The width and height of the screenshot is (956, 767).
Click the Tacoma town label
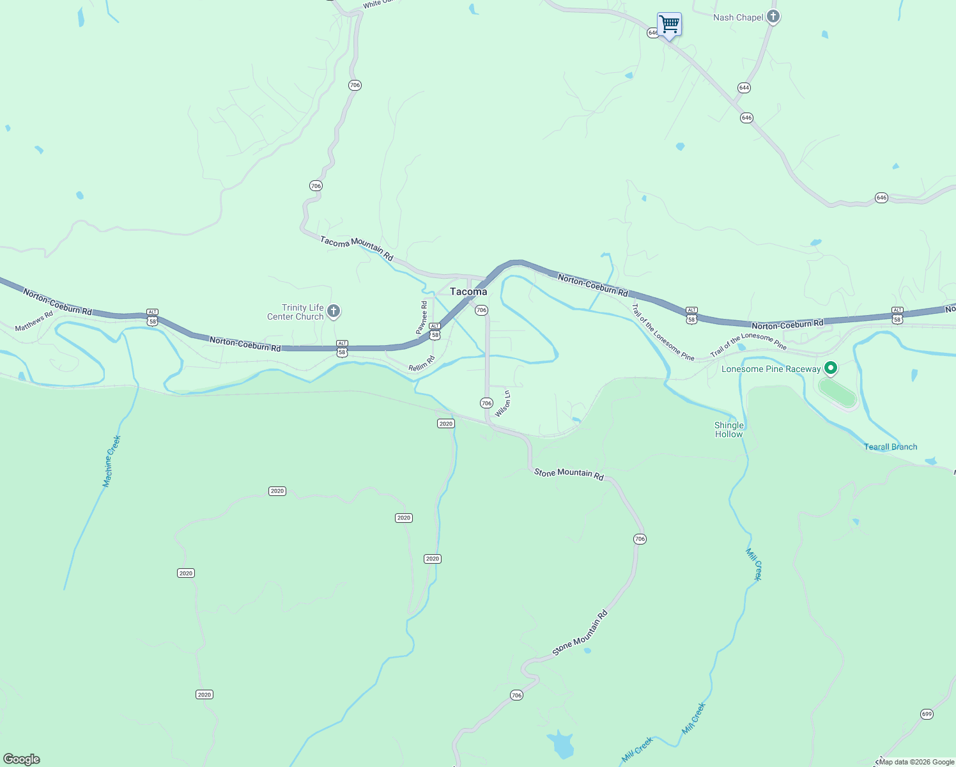pyautogui.click(x=468, y=291)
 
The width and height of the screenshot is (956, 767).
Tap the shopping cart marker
pyautogui.click(x=669, y=25)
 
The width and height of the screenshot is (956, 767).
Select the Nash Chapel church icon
pyautogui.click(x=773, y=17)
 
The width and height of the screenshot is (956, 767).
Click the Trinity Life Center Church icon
pyautogui.click(x=333, y=311)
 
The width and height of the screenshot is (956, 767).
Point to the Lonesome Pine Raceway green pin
pyautogui.click(x=830, y=368)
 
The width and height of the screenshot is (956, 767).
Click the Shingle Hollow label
pyautogui.click(x=729, y=430)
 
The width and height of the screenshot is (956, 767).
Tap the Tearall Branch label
pyautogui.click(x=890, y=447)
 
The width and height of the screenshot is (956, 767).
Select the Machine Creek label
pyautogui.click(x=112, y=461)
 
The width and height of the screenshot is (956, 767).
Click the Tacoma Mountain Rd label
pyautogui.click(x=357, y=249)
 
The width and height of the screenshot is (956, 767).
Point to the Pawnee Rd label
pyautogui.click(x=422, y=318)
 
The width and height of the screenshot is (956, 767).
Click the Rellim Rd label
pyautogui.click(x=422, y=364)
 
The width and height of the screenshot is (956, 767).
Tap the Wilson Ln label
pyautogui.click(x=503, y=404)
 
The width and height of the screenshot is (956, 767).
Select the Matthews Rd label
pyautogui.click(x=34, y=322)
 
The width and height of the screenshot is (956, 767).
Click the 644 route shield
pyautogui.click(x=744, y=88)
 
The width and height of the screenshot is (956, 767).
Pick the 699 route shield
pyautogui.click(x=927, y=714)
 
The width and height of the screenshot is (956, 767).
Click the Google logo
pyautogui.click(x=21, y=759)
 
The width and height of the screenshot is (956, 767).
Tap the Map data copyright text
pyautogui.click(x=916, y=762)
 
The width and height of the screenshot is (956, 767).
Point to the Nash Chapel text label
pyautogui.click(x=738, y=17)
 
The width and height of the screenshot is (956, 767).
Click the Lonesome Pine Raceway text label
pyautogui.click(x=771, y=369)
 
